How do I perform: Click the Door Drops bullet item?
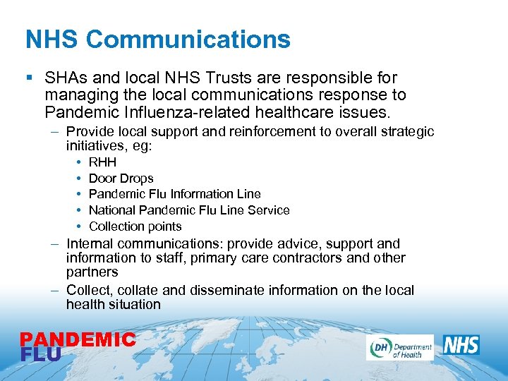tap(121, 179)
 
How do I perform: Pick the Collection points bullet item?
tap(135, 226)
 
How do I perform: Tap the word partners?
tap(92, 272)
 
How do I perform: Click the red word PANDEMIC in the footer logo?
tap(78, 340)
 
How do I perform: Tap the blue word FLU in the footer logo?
tap(40, 353)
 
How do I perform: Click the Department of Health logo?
tap(399, 347)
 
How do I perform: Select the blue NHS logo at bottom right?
tap(461, 345)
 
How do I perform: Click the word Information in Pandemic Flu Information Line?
tap(201, 194)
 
